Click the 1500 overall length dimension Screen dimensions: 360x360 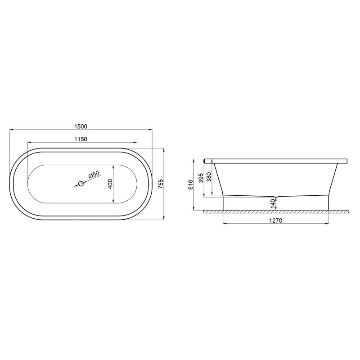point(81,126)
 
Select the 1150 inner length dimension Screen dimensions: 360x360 point(81,139)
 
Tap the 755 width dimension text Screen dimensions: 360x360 point(161,184)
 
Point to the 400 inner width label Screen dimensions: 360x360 point(110,184)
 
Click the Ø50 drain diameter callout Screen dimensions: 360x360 point(94,175)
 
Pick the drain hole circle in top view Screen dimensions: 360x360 point(81,184)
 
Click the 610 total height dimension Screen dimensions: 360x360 point(190,184)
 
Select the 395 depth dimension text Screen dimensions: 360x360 point(201,178)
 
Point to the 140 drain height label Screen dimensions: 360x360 point(273,204)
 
